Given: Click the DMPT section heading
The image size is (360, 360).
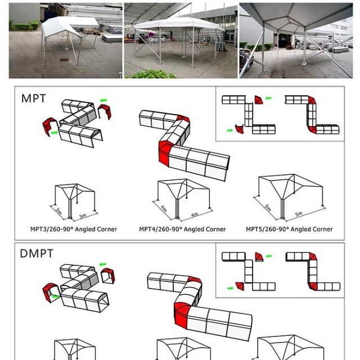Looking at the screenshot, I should [37, 254].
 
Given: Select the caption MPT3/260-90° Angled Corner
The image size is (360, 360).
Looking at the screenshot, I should [74, 229].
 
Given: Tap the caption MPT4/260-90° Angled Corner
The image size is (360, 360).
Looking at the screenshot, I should [182, 229].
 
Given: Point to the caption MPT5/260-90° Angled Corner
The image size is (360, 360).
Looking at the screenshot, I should [289, 229].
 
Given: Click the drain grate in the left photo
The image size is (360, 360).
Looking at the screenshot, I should [64, 60].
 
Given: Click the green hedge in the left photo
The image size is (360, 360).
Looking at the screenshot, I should [24, 26].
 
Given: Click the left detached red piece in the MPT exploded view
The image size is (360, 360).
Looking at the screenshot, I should [47, 128].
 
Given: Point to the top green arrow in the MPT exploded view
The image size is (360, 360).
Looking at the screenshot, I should [103, 101].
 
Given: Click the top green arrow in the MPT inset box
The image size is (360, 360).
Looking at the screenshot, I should [268, 98].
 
